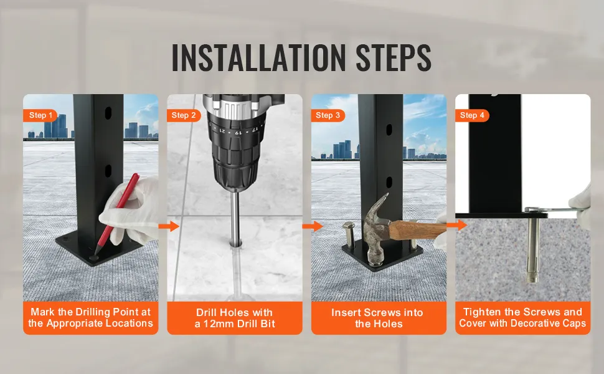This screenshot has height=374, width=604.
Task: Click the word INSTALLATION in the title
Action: (x=258, y=57)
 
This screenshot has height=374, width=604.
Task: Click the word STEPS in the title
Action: (x=394, y=57)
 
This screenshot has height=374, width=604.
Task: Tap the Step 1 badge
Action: (x=40, y=115)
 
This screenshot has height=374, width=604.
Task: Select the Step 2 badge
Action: (x=184, y=115)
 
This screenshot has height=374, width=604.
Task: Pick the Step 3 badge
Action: (x=328, y=115)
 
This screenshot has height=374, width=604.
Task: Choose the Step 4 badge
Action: (x=472, y=115)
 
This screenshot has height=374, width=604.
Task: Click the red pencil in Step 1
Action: (x=116, y=213)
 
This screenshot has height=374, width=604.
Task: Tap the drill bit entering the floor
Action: (x=235, y=218)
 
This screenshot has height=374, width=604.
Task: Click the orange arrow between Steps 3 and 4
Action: (x=457, y=225)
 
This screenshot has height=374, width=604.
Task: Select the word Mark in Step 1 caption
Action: (x=42, y=312)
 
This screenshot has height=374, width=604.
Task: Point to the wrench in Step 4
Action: (x=555, y=211)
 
